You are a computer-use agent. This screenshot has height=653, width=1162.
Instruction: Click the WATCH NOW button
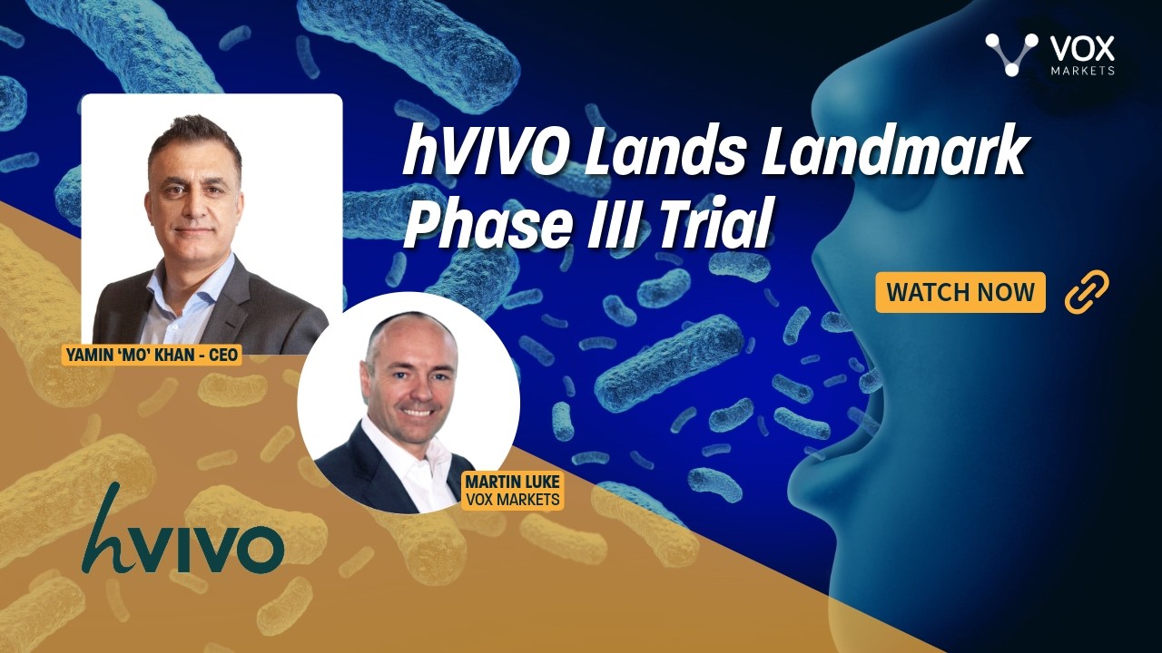click(x=960, y=292)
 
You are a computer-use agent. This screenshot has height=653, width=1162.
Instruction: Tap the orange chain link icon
click(x=1088, y=291)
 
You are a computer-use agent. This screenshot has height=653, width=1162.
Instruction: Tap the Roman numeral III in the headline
click(x=615, y=224)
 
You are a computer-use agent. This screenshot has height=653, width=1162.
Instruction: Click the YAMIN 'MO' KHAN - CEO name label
click(x=152, y=355)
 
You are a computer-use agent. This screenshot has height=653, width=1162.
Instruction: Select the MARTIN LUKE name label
click(x=513, y=491)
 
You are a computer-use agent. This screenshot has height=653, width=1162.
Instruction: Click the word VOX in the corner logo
click(x=1081, y=50)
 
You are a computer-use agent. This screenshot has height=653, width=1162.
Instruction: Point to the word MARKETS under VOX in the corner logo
click(x=1082, y=71)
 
